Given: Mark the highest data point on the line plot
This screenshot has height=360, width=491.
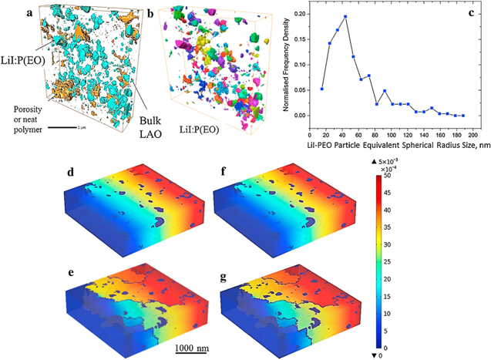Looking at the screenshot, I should click(345, 17).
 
